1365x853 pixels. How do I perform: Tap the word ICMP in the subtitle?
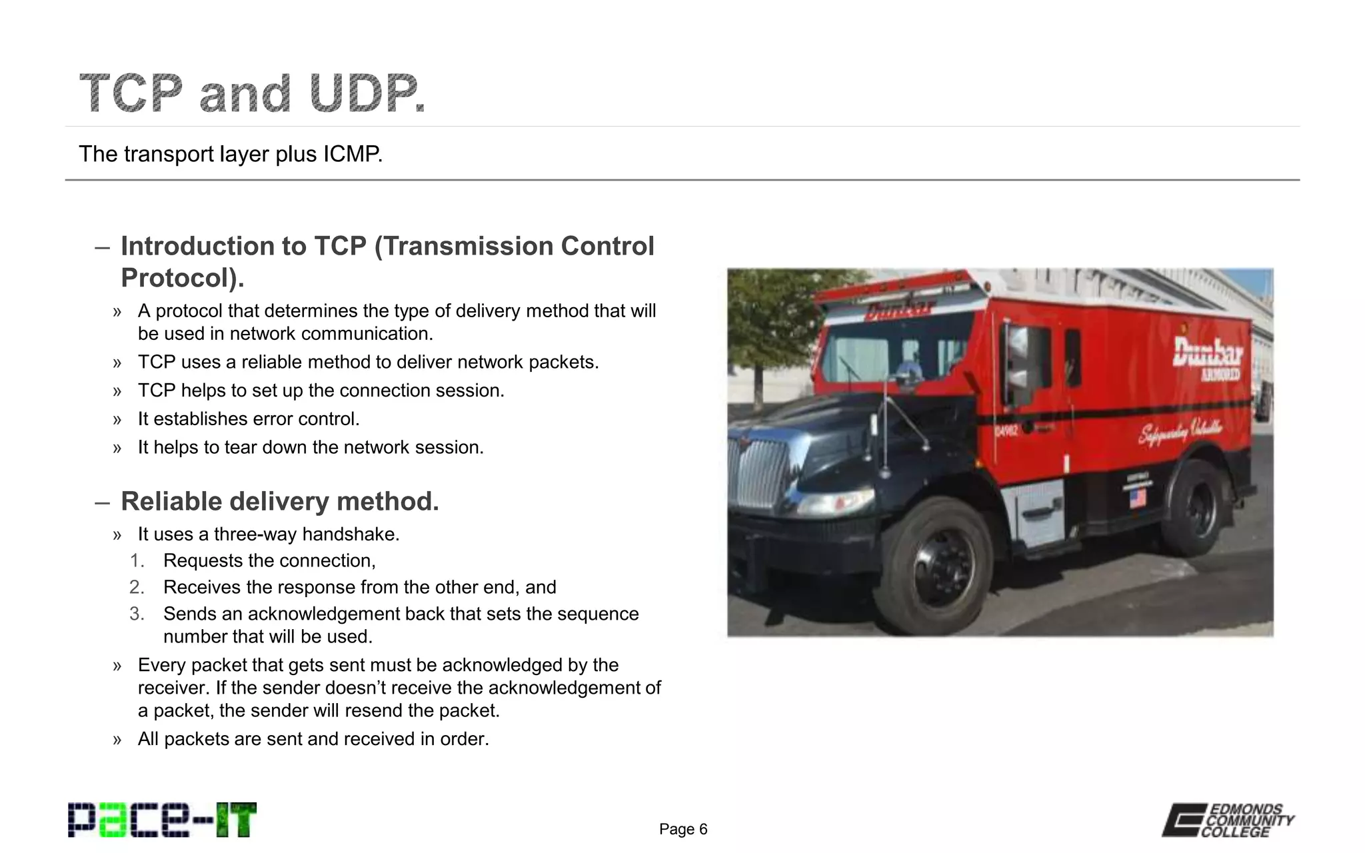click(353, 154)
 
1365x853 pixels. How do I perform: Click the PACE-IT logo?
click(162, 820)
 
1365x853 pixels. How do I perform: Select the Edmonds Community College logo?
click(1228, 820)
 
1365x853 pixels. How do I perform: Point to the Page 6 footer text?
click(683, 829)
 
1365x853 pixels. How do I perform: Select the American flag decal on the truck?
click(1137, 498)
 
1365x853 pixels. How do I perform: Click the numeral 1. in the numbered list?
click(137, 560)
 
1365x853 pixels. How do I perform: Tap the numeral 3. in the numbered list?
click(137, 614)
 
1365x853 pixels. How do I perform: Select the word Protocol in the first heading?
click(179, 278)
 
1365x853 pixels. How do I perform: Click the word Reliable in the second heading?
click(171, 501)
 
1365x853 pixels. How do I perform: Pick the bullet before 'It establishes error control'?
click(117, 419)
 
